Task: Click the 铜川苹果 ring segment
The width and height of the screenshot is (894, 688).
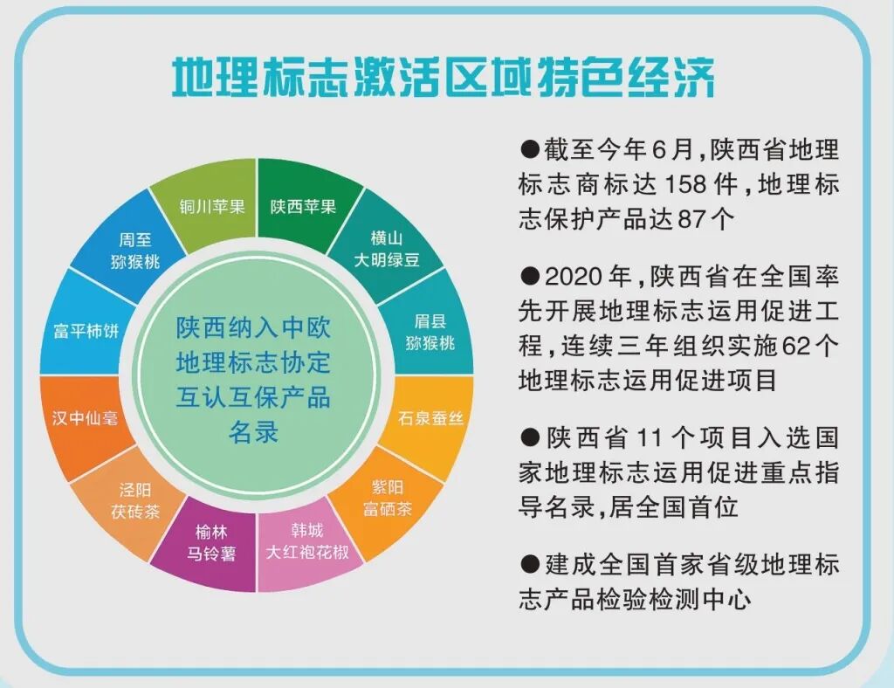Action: pyautogui.click(x=207, y=206)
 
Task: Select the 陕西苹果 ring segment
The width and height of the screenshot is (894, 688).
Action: pyautogui.click(x=302, y=206)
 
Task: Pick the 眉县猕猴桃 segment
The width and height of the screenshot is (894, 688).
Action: pyautogui.click(x=430, y=333)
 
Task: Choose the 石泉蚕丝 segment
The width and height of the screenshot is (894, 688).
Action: pyautogui.click(x=430, y=418)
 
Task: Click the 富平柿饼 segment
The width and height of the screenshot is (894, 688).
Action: pyautogui.click(x=85, y=333)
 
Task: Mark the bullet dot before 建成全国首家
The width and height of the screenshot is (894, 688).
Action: pyautogui.click(x=530, y=563)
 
